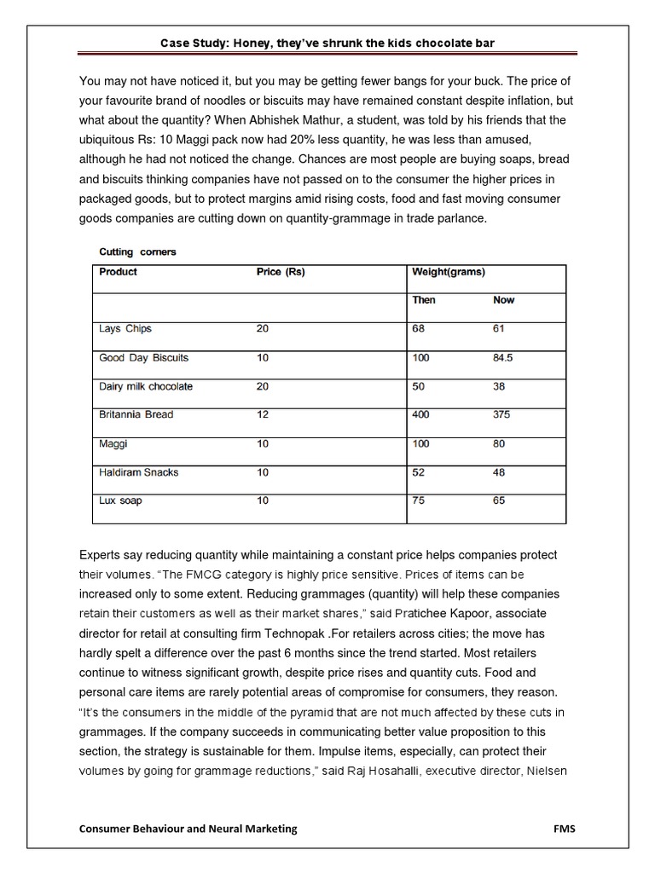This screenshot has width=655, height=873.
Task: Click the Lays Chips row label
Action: click(125, 328)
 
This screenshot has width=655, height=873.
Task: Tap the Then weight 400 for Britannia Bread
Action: click(421, 414)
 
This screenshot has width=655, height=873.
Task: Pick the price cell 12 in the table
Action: click(262, 414)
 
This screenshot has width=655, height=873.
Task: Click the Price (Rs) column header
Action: click(281, 272)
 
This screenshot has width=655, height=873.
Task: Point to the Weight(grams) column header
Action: click(449, 272)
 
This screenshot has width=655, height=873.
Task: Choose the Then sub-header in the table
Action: click(424, 300)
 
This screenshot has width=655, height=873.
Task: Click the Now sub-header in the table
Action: click(504, 300)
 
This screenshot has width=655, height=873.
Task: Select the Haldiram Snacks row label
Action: click(139, 471)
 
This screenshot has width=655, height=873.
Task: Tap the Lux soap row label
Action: click(121, 500)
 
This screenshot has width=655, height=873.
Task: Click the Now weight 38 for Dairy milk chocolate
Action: click(499, 386)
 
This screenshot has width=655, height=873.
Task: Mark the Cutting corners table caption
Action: click(138, 252)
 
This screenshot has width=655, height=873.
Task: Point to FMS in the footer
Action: click(564, 829)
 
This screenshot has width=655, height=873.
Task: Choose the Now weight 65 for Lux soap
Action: click(499, 500)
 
